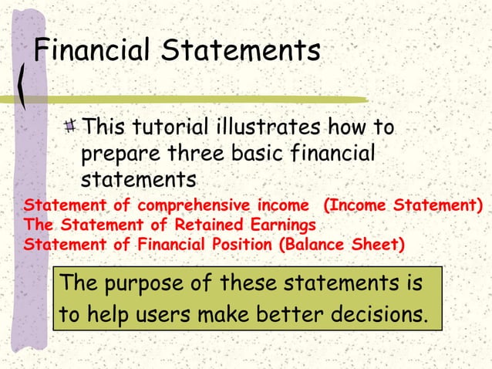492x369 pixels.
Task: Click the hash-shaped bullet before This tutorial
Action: (72, 125)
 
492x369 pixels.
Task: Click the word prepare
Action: (117, 154)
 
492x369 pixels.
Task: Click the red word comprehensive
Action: (194, 206)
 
